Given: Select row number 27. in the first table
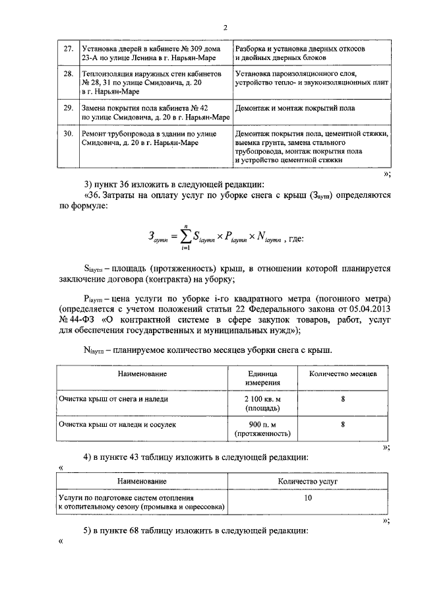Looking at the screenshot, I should click(x=68, y=49).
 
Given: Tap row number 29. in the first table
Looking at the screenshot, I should click(x=68, y=107).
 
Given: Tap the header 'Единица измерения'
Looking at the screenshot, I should click(x=264, y=377).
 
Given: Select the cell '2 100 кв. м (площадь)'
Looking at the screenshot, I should click(x=264, y=404).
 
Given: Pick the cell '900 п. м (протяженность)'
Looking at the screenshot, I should click(x=264, y=429).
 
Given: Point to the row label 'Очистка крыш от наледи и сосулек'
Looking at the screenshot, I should click(x=117, y=425).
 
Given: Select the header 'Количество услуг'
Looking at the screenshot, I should click(x=308, y=483).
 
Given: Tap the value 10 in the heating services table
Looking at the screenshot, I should click(x=308, y=499).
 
